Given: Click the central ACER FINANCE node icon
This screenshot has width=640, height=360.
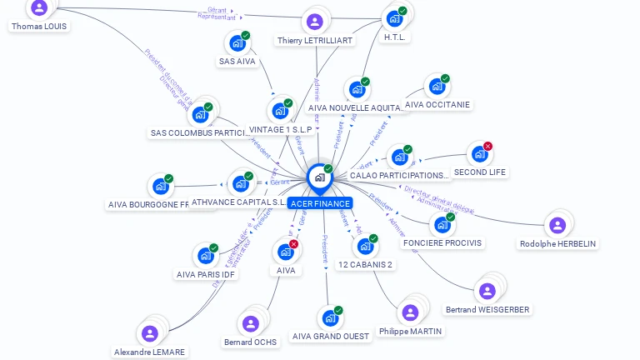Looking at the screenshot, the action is point(319,177).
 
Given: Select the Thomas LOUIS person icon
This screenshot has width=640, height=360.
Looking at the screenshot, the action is point(38,7).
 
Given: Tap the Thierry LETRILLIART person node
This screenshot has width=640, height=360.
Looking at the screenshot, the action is point(314,22).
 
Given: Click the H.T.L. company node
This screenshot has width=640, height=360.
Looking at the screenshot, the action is point(394,18).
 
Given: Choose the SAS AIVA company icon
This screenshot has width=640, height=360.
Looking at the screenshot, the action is point(237,43).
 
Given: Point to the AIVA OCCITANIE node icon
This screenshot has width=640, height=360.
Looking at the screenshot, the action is point(437,86).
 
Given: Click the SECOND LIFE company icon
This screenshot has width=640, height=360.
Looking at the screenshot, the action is point(479,153).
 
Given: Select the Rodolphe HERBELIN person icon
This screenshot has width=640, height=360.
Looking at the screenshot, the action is point(557,225).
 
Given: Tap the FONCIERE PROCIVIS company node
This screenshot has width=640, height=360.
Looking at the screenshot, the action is point(442,224).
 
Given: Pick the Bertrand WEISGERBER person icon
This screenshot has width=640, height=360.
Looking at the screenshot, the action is point(487,291).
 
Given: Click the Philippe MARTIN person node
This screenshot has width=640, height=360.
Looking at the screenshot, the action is point(410,312).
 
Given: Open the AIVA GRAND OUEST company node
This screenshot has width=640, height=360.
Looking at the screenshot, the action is point(330,318).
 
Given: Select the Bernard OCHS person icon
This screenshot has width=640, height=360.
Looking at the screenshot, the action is point(250,323).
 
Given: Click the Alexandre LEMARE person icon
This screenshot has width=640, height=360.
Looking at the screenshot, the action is point(150,333).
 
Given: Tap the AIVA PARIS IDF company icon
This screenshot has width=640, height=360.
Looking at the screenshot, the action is point(205,255).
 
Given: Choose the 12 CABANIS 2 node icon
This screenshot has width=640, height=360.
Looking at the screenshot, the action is point(365,246).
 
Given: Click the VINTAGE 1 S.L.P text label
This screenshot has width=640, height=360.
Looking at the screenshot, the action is point(280,130).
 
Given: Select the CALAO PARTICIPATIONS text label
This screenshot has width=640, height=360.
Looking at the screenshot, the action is point(399,176).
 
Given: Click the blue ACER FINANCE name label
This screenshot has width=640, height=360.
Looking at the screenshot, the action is point(320,203).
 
